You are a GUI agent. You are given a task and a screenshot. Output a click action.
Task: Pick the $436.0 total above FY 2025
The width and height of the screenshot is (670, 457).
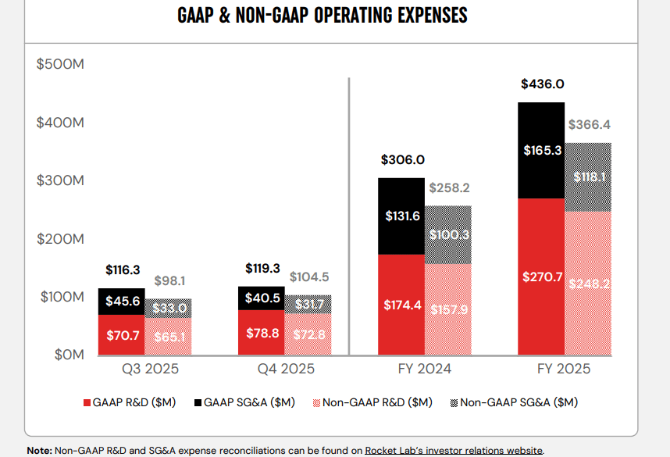(x=542, y=85)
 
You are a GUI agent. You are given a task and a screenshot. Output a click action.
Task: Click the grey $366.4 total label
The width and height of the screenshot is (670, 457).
(x=590, y=124)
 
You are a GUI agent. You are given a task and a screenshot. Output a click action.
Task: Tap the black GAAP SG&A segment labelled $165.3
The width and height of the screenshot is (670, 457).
(x=540, y=151)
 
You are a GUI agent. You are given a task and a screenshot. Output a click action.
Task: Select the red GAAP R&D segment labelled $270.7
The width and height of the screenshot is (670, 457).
(x=540, y=277)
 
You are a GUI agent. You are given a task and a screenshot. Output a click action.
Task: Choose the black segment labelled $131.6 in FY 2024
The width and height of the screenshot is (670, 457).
(x=401, y=216)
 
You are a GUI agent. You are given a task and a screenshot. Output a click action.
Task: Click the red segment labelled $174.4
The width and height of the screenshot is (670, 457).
(x=401, y=305)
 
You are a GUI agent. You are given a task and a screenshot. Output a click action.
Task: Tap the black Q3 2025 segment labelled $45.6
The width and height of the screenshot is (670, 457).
(x=122, y=302)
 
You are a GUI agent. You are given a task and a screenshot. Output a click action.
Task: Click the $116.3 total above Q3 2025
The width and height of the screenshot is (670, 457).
(x=123, y=270)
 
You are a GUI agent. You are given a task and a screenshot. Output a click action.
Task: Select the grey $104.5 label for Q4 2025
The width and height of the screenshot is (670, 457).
(x=309, y=277)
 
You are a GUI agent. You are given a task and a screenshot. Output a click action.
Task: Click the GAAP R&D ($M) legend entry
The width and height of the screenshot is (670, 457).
(x=129, y=402)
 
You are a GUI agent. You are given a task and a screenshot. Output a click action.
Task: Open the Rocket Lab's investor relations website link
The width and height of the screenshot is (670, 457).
(x=454, y=450)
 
